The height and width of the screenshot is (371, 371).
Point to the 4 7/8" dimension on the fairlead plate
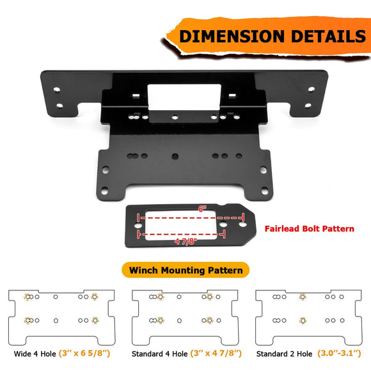point(186,242)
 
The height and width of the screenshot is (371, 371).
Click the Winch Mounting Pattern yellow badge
point(185,270)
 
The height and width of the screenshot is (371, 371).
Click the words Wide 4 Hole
point(34,353)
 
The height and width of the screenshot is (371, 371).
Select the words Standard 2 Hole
point(283,353)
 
